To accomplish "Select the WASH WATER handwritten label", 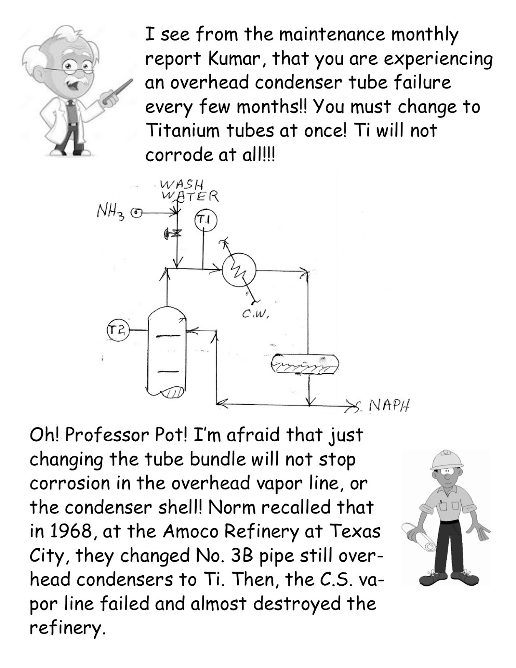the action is click(188, 191).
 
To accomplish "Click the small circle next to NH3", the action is click(136, 213).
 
